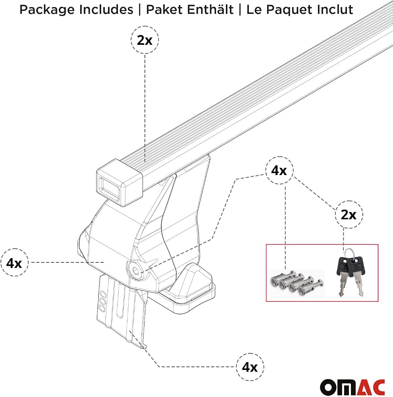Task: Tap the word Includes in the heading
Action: (106, 10)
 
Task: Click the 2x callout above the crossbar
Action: (144, 40)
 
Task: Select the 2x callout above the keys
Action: (349, 214)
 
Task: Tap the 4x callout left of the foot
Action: (14, 262)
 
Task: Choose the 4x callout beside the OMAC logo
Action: (250, 366)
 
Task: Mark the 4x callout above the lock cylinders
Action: (279, 170)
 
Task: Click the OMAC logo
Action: (353, 387)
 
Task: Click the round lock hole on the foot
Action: (136, 270)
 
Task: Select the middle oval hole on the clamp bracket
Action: (102, 301)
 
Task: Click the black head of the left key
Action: (343, 266)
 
